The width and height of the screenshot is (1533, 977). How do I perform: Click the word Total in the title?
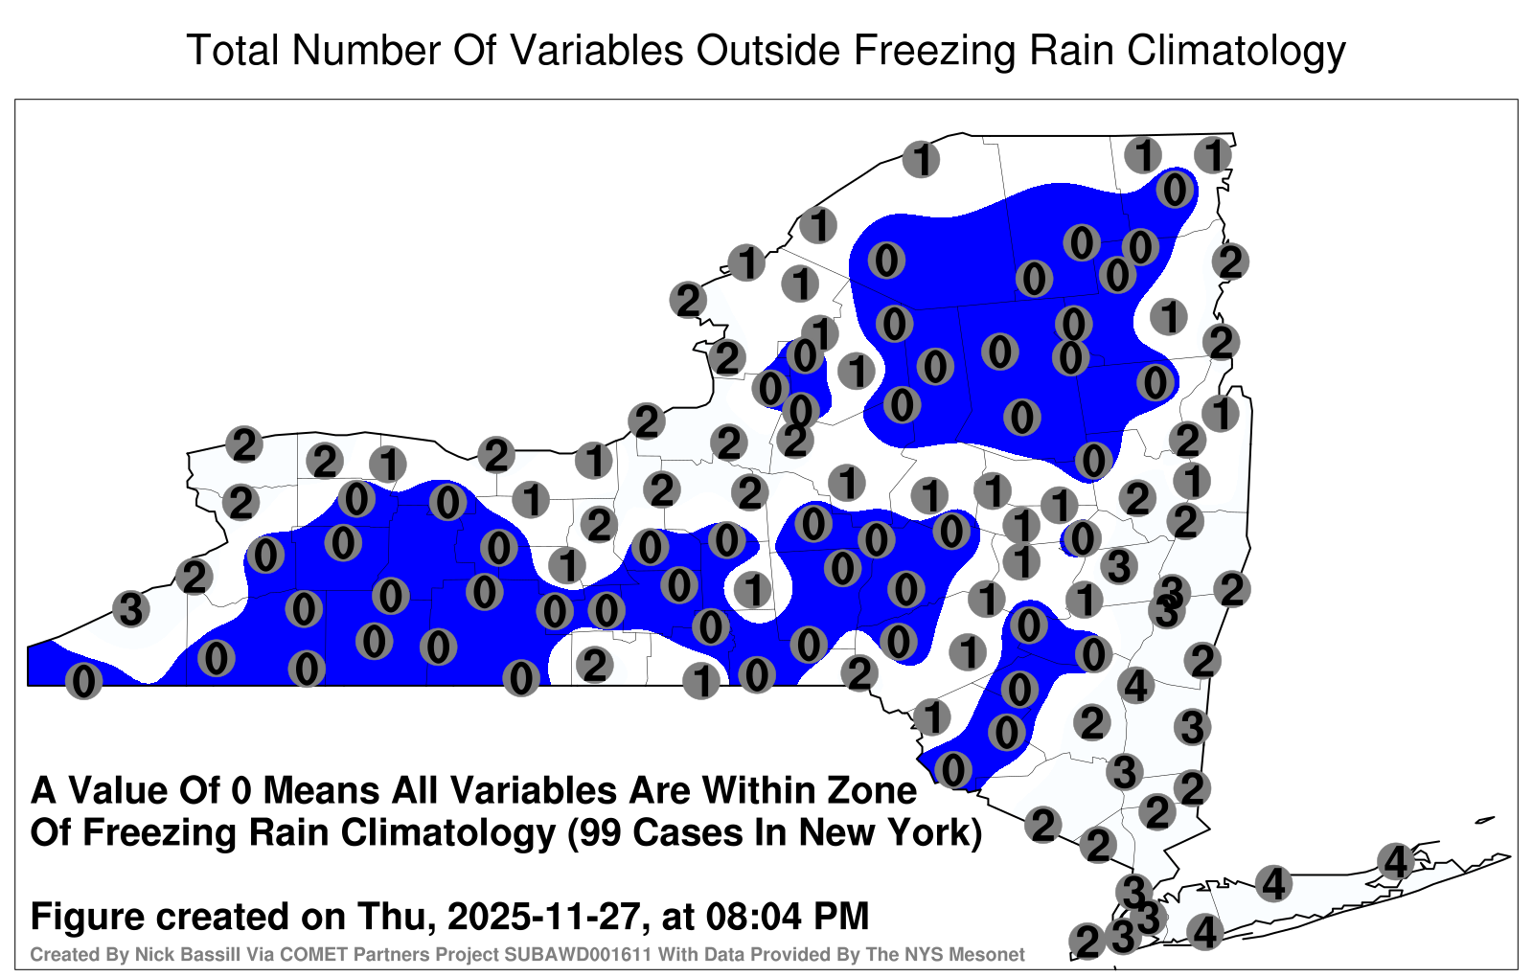233,50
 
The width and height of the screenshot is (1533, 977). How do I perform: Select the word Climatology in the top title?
1236,52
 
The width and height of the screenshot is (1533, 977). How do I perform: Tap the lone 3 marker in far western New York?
131,608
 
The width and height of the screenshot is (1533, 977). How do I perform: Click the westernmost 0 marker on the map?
83,681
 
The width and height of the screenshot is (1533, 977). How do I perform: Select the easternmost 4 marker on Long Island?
1395,861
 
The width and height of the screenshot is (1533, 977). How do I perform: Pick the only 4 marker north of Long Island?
1136,684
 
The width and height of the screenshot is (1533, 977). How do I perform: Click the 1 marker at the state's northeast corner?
1213,155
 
